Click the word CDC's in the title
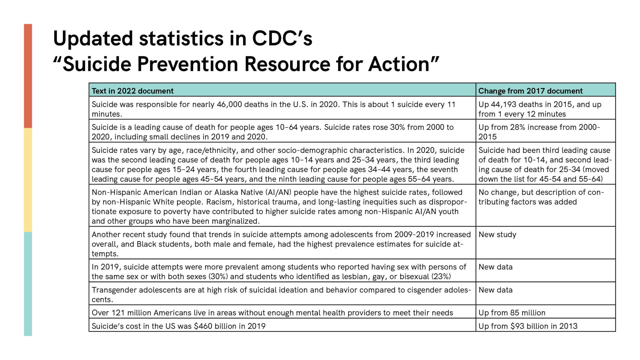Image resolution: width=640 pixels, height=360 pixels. coord(282,39)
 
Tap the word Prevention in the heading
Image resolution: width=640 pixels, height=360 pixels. coord(187,64)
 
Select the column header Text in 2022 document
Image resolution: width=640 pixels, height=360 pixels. coord(132,91)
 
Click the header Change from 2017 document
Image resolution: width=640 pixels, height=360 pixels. coord(530,91)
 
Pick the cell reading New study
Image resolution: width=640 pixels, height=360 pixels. coord(497,234)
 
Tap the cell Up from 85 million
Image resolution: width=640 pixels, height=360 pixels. coord(512,313)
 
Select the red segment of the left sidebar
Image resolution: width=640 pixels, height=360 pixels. coord(28,76)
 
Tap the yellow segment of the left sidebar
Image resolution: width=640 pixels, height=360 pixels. coord(28,180)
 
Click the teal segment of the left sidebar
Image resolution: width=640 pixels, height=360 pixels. coord(28,284)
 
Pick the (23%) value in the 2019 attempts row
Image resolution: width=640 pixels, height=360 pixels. coord(441,277)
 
